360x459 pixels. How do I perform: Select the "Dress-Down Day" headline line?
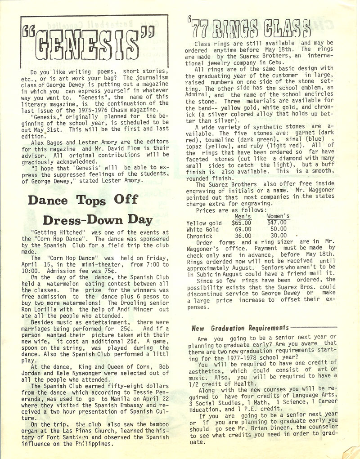pos(97,219)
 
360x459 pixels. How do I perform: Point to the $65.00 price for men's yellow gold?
pos(242,223)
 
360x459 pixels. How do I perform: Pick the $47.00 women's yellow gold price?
pos(277,222)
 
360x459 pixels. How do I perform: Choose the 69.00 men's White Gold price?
pos(243,229)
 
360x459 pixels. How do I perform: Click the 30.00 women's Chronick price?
pos(279,235)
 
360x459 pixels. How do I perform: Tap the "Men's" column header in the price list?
pos(243,216)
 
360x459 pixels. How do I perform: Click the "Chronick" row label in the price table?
pos(199,236)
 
